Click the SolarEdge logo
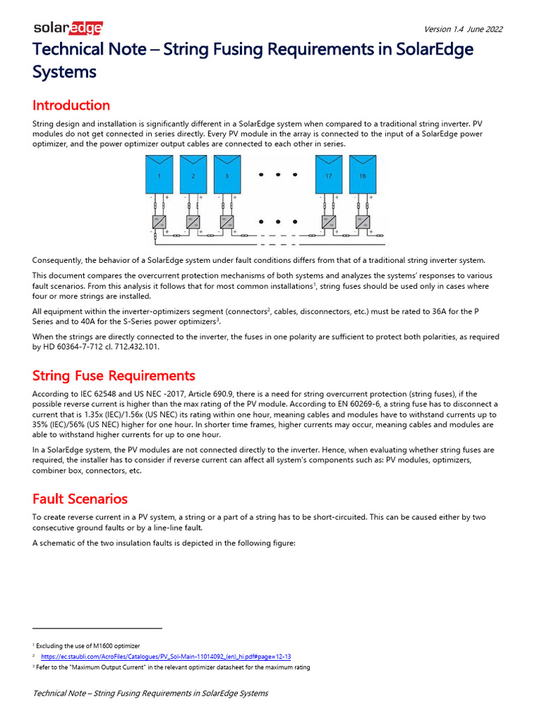pyautogui.click(x=69, y=28)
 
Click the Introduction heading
pyautogui.click(x=71, y=106)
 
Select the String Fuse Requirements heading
pyautogui.click(x=114, y=376)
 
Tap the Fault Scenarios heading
pyautogui.click(x=80, y=499)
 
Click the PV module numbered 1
pyautogui.click(x=159, y=175)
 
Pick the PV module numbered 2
pyautogui.click(x=193, y=175)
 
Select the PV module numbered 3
pyautogui.click(x=227, y=175)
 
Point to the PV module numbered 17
pyautogui.click(x=329, y=175)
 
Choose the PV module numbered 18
pyautogui.click(x=362, y=175)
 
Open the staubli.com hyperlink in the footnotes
pyautogui.click(x=166, y=657)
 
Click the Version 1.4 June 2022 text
pyautogui.click(x=463, y=29)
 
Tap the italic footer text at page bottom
pyautogui.click(x=150, y=693)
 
